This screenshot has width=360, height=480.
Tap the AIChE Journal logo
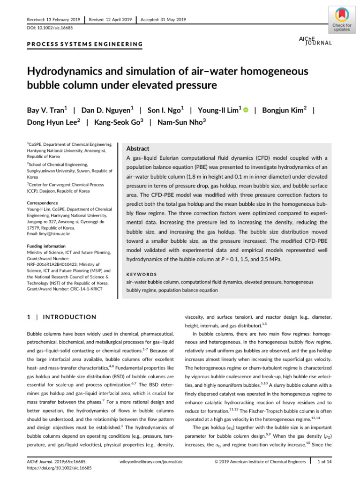click(x=315, y=41)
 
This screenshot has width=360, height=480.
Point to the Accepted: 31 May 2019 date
click(x=163, y=19)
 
